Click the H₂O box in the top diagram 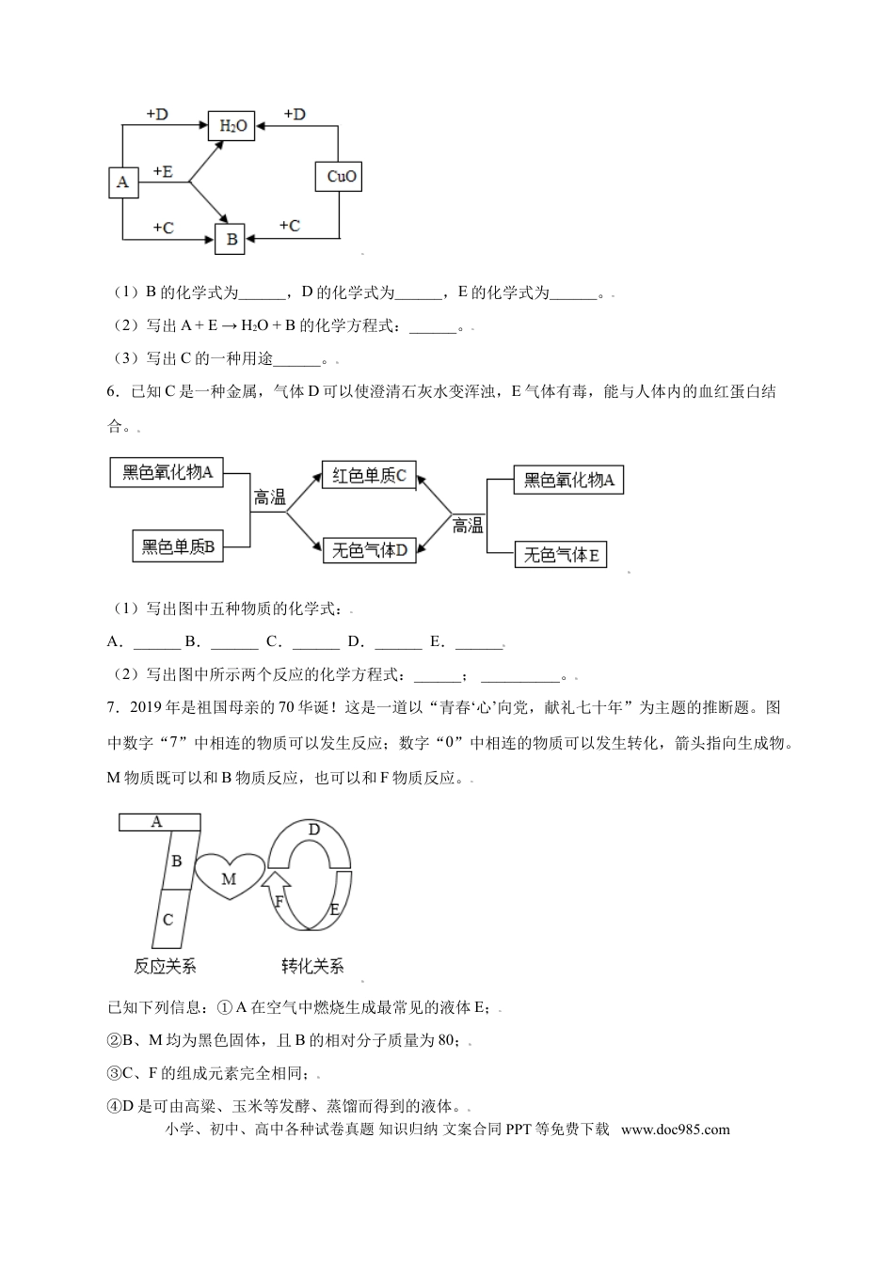231,125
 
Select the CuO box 338,176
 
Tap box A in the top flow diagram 123,182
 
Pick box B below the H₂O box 231,239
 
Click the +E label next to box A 162,171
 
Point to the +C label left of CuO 289,226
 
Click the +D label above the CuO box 294,115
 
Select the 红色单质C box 368,476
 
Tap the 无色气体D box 369,550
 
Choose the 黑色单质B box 178,546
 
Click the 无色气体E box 561,555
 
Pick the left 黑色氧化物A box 168,472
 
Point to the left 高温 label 269,498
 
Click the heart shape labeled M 229,877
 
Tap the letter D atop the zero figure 314,829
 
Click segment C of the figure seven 168,919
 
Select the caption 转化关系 312,966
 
